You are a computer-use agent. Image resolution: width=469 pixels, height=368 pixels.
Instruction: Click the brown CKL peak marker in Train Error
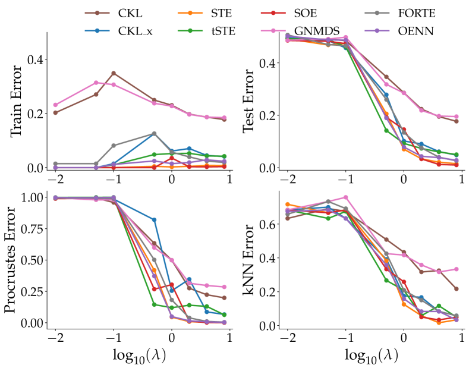(114, 73)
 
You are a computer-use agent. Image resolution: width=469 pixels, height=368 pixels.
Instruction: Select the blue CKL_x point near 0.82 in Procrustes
(154, 220)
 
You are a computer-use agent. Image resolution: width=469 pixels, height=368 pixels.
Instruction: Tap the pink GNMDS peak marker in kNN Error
(346, 197)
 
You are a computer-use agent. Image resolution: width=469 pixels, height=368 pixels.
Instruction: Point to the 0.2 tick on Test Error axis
(271, 115)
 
